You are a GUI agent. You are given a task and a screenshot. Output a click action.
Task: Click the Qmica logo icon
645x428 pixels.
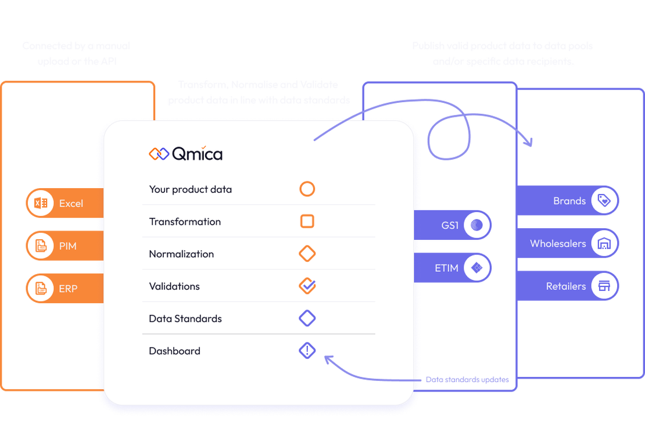click(x=159, y=154)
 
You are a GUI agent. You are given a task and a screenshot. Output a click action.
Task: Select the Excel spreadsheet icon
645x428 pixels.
click(x=41, y=204)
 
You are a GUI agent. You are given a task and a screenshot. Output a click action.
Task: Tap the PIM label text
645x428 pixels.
click(x=67, y=246)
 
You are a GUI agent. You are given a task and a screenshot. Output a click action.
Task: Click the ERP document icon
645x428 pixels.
click(x=41, y=289)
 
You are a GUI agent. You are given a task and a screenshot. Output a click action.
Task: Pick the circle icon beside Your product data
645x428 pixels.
click(x=307, y=189)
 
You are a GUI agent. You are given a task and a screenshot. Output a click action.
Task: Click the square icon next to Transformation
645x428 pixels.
click(x=307, y=221)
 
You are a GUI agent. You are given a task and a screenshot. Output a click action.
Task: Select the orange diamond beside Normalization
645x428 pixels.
click(x=307, y=254)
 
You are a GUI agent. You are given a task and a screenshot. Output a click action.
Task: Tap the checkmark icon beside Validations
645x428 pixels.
click(x=307, y=286)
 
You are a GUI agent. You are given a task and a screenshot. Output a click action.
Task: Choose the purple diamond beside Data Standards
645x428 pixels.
click(x=307, y=318)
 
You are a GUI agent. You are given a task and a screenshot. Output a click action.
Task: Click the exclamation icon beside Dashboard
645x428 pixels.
click(x=307, y=351)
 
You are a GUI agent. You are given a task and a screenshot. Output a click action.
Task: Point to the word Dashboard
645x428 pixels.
click(x=174, y=351)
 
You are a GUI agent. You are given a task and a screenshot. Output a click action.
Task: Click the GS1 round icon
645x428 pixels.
click(x=477, y=225)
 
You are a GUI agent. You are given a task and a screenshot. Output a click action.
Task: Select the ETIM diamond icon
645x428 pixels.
click(x=477, y=268)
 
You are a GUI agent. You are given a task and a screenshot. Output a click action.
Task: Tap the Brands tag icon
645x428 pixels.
click(x=604, y=201)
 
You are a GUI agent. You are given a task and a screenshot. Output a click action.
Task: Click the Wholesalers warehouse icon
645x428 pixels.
click(x=604, y=244)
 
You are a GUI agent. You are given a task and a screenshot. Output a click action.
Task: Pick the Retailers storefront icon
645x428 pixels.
click(x=604, y=286)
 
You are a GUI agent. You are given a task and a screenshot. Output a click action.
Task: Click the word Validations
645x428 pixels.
click(x=174, y=286)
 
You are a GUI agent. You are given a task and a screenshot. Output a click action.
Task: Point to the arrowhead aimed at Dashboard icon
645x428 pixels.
click(x=327, y=359)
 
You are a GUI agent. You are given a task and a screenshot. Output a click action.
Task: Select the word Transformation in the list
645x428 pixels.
click(x=185, y=222)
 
